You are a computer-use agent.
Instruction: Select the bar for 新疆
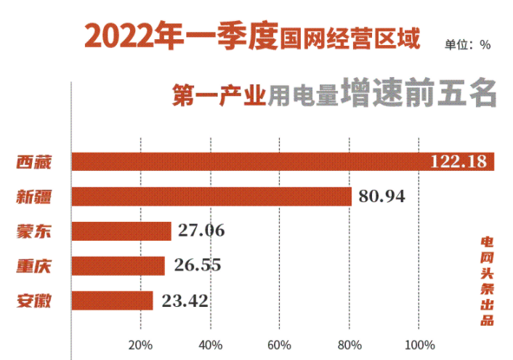(x=211, y=196)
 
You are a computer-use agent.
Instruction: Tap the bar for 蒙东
(x=121, y=231)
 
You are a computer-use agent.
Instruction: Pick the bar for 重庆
(x=118, y=266)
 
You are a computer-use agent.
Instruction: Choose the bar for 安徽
(x=113, y=300)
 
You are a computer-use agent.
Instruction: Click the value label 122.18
(x=458, y=161)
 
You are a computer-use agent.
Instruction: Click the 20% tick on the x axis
(x=140, y=344)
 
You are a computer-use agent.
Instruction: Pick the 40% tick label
(x=210, y=344)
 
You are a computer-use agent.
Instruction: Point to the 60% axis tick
(x=280, y=344)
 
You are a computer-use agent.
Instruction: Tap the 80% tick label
(x=350, y=344)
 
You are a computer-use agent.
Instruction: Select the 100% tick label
(x=419, y=344)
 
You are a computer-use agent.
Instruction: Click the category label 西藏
(x=34, y=161)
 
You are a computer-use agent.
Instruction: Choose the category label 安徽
(x=34, y=300)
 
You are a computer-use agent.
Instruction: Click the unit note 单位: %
(x=467, y=44)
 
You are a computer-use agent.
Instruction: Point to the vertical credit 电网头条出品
(x=487, y=280)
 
